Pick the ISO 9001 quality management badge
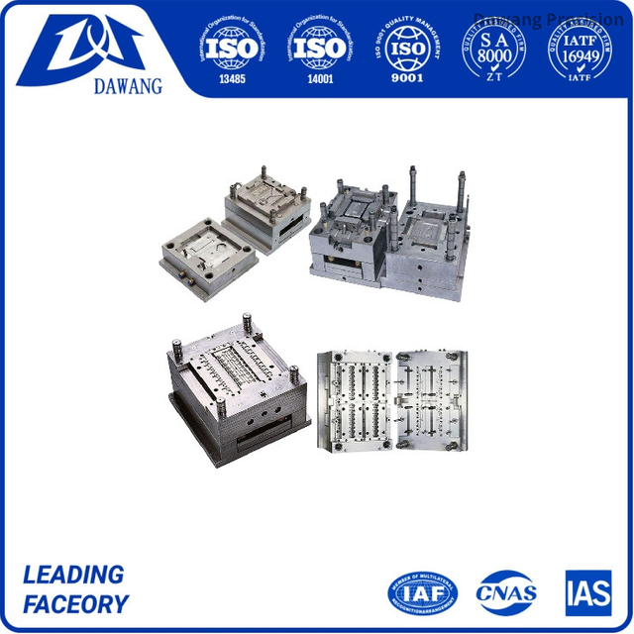(407, 45)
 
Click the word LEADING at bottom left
(73, 575)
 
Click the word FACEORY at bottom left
(75, 604)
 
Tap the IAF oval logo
(423, 591)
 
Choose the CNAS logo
(506, 591)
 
